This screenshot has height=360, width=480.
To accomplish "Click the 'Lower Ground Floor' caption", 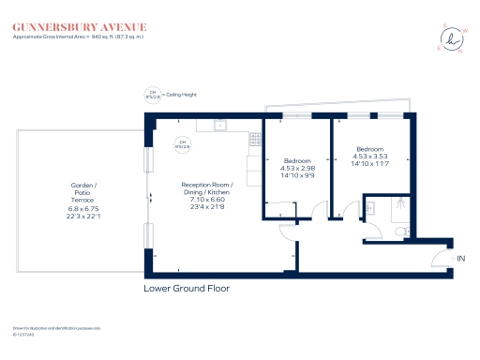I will [x=187, y=289].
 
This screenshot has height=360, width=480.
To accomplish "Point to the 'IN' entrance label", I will [x=460, y=258].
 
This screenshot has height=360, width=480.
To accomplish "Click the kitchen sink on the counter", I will [x=218, y=124].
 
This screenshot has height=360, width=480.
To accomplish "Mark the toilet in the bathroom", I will [x=401, y=231].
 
